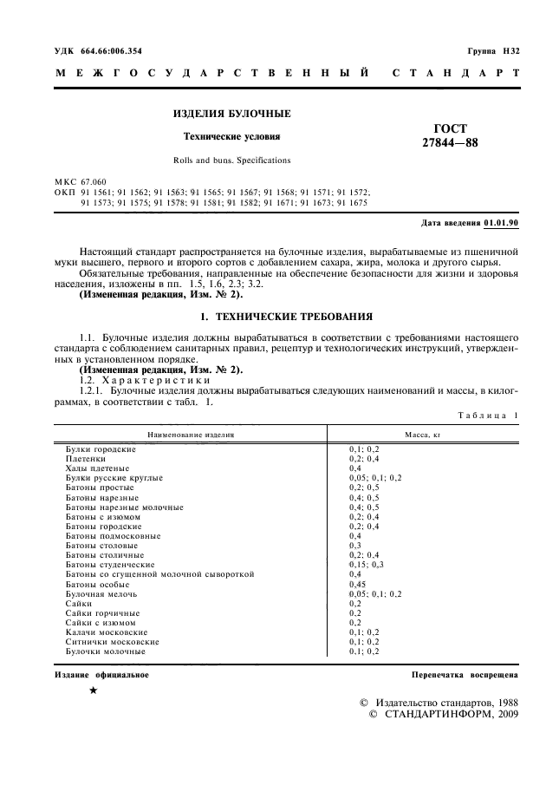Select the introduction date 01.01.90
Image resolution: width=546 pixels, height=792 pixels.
pos(502,223)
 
